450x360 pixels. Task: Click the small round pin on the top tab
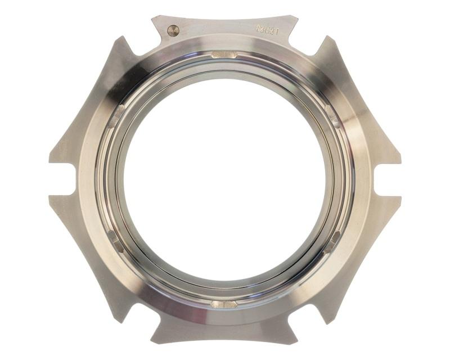coord(173,31)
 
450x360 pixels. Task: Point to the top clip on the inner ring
coord(224,55)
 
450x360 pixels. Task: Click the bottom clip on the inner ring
coord(224,304)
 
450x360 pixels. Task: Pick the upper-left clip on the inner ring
coord(116,116)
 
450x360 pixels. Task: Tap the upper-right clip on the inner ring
coord(332,116)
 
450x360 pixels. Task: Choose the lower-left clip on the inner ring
coord(116,241)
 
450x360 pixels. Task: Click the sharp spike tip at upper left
coord(120,38)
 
